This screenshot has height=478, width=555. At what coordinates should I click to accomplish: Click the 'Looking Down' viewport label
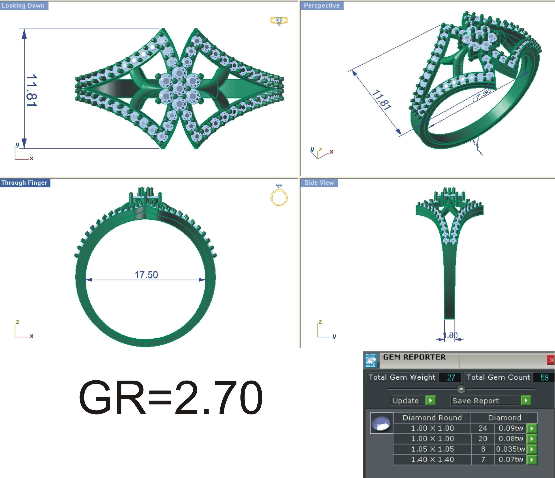click(x=23, y=5)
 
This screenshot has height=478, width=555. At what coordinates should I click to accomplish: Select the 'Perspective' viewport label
click(x=321, y=5)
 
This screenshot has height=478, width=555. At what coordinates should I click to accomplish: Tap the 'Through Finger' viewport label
click(x=24, y=183)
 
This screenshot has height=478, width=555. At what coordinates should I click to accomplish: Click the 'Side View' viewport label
click(x=319, y=183)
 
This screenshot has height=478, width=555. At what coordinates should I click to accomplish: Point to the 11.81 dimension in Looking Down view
click(x=32, y=90)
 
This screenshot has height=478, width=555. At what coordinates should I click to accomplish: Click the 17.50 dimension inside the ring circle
click(x=146, y=275)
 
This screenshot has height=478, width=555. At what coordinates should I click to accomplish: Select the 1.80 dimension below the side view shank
click(x=450, y=335)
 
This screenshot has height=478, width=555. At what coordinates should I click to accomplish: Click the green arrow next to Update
click(x=430, y=400)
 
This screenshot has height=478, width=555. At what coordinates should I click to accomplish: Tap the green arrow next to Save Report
click(x=526, y=400)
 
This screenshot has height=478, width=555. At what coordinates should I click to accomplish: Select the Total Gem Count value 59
click(x=544, y=378)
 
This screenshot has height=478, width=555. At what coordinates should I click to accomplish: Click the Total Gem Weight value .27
click(x=450, y=378)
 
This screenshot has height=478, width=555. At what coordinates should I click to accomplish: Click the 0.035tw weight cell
click(x=510, y=449)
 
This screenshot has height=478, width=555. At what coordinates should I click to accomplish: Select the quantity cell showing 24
click(x=483, y=428)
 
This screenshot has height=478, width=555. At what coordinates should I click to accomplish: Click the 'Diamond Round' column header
click(x=432, y=418)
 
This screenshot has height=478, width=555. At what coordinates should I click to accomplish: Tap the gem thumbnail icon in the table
click(x=381, y=423)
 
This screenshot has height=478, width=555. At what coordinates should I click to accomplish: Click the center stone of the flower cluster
click(x=179, y=88)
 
